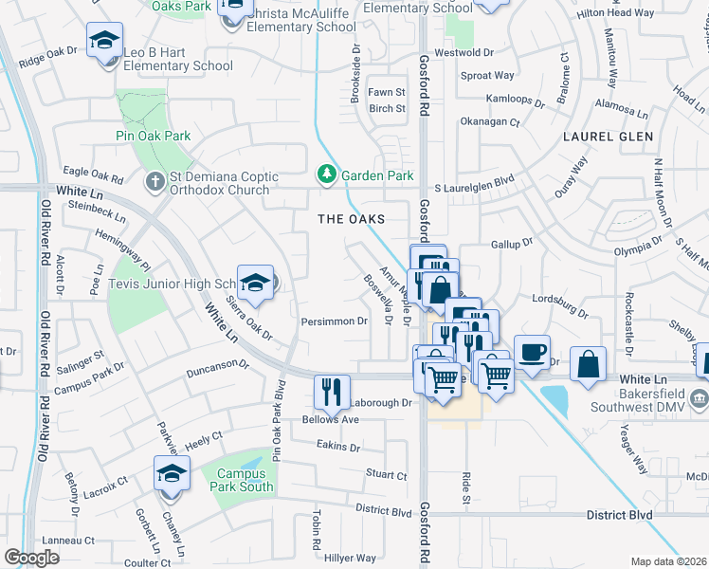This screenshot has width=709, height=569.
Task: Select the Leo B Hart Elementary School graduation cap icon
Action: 104,42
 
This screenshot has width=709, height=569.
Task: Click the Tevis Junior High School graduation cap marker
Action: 255,284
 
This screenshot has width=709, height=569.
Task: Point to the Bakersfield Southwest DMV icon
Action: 700,396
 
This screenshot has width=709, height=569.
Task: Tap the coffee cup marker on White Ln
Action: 532,353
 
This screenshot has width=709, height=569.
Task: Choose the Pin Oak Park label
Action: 153,136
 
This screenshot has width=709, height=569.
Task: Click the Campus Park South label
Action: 245,481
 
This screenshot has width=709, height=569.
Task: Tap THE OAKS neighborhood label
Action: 351,219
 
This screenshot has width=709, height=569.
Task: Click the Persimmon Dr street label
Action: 334,321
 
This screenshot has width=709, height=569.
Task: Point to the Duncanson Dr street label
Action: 217,364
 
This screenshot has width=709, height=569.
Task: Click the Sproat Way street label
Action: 487,76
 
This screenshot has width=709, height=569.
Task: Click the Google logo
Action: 31,558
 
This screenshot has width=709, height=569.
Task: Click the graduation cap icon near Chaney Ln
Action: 172,474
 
